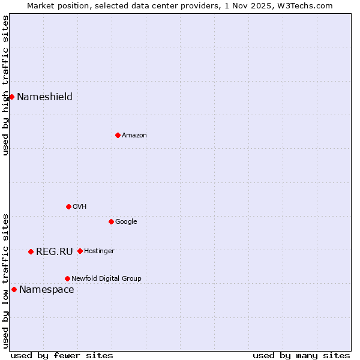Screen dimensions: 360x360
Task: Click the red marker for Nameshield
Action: click(x=11, y=97)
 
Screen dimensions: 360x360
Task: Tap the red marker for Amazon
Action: click(x=118, y=135)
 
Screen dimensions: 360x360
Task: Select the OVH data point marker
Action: click(x=68, y=206)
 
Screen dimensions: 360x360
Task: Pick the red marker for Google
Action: click(x=111, y=221)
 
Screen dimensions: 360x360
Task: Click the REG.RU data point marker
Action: click(x=31, y=251)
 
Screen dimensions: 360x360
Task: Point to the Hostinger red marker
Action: click(x=80, y=251)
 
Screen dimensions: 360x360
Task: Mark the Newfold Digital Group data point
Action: click(x=67, y=278)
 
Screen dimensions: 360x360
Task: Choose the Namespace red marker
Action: click(x=14, y=289)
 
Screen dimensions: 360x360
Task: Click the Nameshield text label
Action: click(x=44, y=97)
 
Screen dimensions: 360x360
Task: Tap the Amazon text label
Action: click(x=134, y=135)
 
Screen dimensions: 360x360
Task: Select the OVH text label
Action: click(x=79, y=206)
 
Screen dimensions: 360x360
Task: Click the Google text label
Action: click(x=126, y=221)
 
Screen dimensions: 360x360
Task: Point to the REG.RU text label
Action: click(x=54, y=251)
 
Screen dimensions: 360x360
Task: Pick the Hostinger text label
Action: click(x=99, y=251)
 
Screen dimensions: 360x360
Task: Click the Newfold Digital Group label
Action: click(x=106, y=278)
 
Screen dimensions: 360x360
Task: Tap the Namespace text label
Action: click(x=46, y=289)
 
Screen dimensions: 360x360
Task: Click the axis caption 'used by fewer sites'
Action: click(x=62, y=355)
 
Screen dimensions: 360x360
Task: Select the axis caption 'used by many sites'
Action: click(x=301, y=355)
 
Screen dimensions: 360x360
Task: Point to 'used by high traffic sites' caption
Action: click(x=5, y=85)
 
